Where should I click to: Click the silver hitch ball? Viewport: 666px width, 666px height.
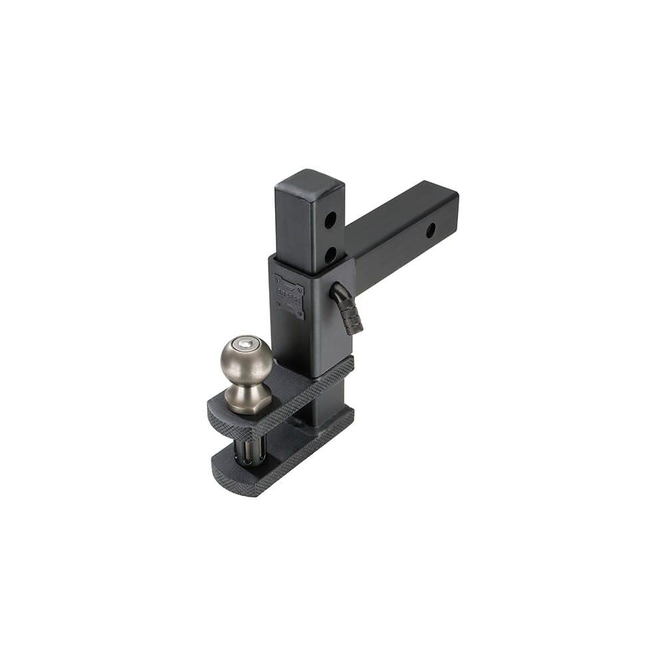[246, 360]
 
